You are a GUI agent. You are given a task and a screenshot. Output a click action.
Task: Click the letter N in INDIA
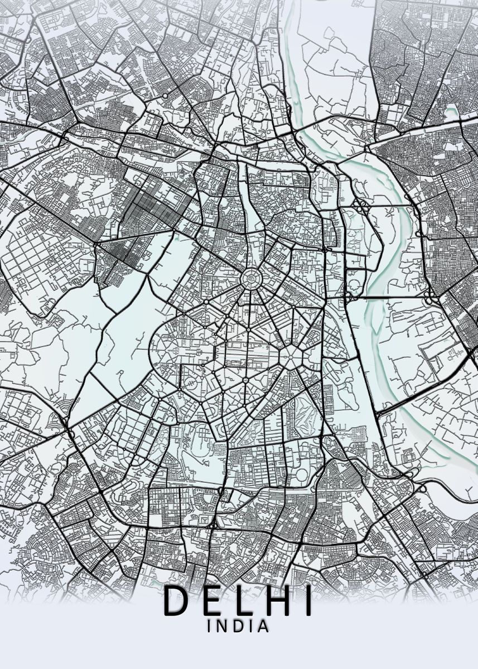(222, 627)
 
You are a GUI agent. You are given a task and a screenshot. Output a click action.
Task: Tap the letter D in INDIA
(237, 627)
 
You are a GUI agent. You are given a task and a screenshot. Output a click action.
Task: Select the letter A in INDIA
(263, 627)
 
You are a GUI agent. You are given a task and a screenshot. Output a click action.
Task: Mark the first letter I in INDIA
(209, 627)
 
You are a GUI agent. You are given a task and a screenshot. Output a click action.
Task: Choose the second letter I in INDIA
(250, 627)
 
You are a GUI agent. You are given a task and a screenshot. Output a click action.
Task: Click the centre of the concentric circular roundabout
(252, 276)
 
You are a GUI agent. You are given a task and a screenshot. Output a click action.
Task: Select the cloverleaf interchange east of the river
(430, 296)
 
